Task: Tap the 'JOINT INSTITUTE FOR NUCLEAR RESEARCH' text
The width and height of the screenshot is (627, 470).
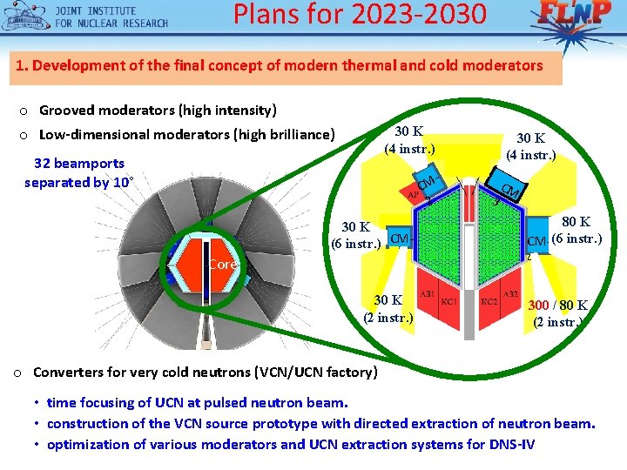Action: [111, 17]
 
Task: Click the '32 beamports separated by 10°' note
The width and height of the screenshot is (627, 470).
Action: [79, 172]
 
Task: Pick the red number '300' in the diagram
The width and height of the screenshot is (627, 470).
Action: [538, 305]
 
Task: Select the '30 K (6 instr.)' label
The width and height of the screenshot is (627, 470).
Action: [355, 235]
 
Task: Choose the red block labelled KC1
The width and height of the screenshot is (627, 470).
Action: [450, 301]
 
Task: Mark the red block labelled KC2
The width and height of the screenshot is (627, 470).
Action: [489, 301]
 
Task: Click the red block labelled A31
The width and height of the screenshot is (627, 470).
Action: [427, 295]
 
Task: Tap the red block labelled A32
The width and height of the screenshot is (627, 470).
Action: [511, 295]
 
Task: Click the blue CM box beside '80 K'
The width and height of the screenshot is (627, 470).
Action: [536, 240]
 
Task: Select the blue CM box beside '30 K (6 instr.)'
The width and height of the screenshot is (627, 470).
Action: [400, 238]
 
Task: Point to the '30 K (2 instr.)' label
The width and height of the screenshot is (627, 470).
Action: [388, 309]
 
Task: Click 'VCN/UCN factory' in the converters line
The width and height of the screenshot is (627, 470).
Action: [320, 373]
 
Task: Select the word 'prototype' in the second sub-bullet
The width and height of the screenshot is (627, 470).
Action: [278, 424]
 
